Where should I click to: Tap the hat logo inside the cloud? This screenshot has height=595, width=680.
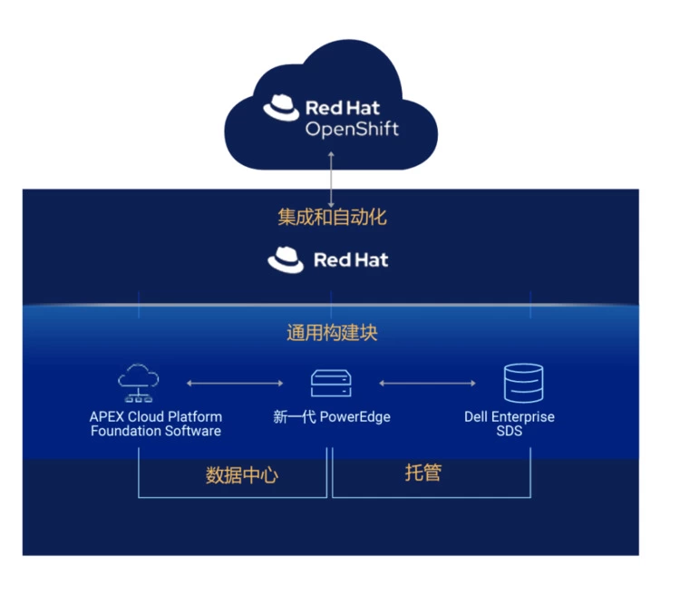pos(281,108)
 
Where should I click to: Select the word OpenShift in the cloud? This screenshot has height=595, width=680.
pos(352,129)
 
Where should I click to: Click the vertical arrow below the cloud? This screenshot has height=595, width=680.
pos(331,178)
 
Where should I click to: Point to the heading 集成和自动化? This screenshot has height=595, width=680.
pos(332,218)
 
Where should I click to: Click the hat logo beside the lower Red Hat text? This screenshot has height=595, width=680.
pos(286,260)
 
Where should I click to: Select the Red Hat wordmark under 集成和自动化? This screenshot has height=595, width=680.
pos(350,260)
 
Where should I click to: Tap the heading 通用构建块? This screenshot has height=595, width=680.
pos(332,333)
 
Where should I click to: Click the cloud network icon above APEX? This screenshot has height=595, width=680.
pos(139,382)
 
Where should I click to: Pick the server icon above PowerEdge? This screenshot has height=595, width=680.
pos(331,383)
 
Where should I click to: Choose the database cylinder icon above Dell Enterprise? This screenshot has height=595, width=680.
pos(523,383)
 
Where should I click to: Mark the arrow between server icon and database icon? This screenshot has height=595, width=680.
pos(426,383)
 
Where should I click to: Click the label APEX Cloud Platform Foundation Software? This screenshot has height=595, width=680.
pos(155,424)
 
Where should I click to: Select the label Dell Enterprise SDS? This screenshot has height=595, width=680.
pos(509,424)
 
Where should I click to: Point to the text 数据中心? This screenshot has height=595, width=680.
pos(241,475)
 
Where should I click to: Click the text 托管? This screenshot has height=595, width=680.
pos(423,473)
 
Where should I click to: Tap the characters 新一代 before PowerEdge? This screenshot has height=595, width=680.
pos(294,417)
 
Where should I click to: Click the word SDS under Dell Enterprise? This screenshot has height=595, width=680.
pos(509,431)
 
